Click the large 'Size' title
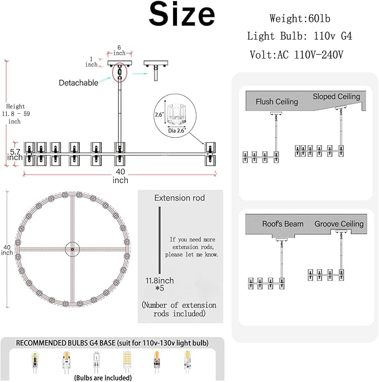pyautogui.click(x=181, y=14)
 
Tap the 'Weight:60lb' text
pyautogui.click(x=300, y=18)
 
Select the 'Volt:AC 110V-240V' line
pyautogui.click(x=296, y=55)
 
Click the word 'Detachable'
pyautogui.click(x=78, y=83)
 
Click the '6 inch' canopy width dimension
pyautogui.click(x=119, y=50)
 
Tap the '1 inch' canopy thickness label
pyautogui.click(x=92, y=62)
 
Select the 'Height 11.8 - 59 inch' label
pyautogui.click(x=16, y=114)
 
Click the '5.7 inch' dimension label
pyautogui.click(x=15, y=155)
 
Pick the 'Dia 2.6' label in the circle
pyautogui.click(x=177, y=131)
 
